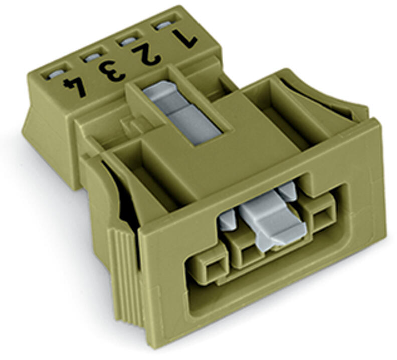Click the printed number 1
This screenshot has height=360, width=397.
(x=184, y=39)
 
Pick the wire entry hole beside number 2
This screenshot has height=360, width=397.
(x=128, y=41)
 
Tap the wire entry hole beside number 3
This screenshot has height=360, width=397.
(x=92, y=58)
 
